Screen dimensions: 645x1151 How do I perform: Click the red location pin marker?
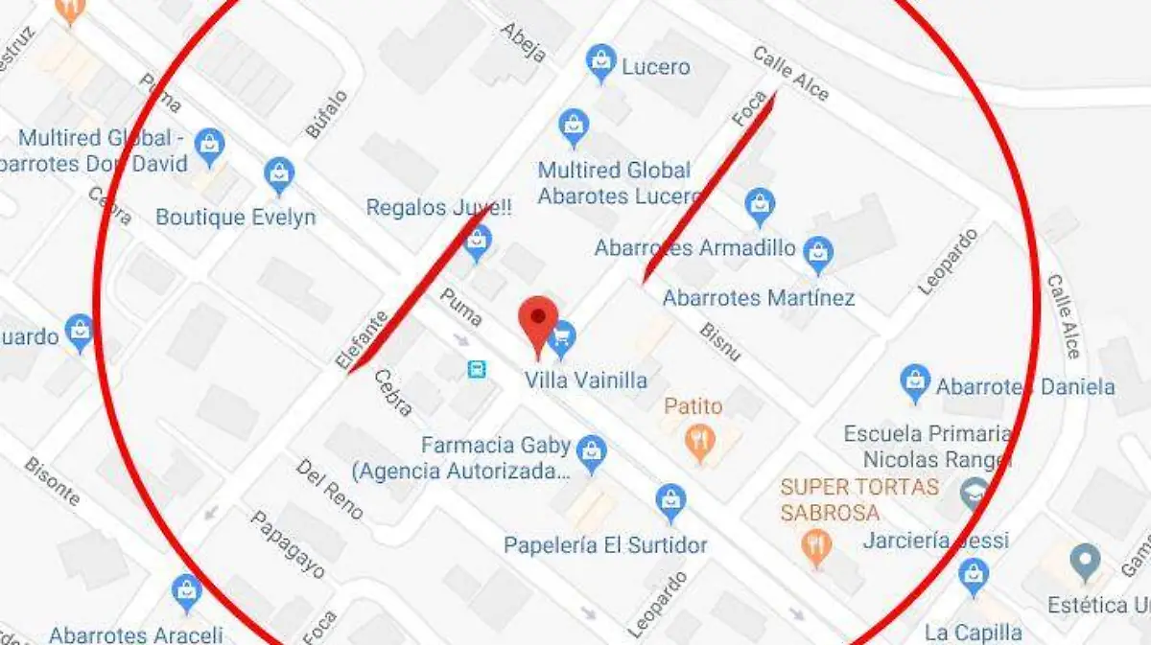tap(538, 324)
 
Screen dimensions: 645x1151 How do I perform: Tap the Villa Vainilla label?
tap(585, 380)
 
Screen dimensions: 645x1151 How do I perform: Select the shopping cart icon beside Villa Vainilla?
tap(562, 335)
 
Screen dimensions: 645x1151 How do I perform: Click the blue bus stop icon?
tap(476, 369)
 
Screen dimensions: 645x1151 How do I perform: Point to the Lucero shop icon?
tap(601, 62)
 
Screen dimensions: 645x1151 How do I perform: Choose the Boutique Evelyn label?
tap(235, 218)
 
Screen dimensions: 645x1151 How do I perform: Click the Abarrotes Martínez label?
tap(758, 298)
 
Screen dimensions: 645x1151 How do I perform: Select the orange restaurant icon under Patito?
tap(701, 442)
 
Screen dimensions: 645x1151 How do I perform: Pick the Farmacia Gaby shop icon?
tap(592, 451)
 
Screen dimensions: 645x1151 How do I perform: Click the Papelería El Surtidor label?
tap(605, 545)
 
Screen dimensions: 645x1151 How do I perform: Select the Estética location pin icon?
tap(1085, 560)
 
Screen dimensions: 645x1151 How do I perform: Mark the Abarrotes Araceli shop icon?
tap(186, 591)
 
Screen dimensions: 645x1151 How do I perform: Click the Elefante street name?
tap(362, 340)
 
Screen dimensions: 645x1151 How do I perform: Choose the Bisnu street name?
tap(720, 342)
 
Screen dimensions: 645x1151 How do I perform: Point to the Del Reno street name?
tap(329, 489)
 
